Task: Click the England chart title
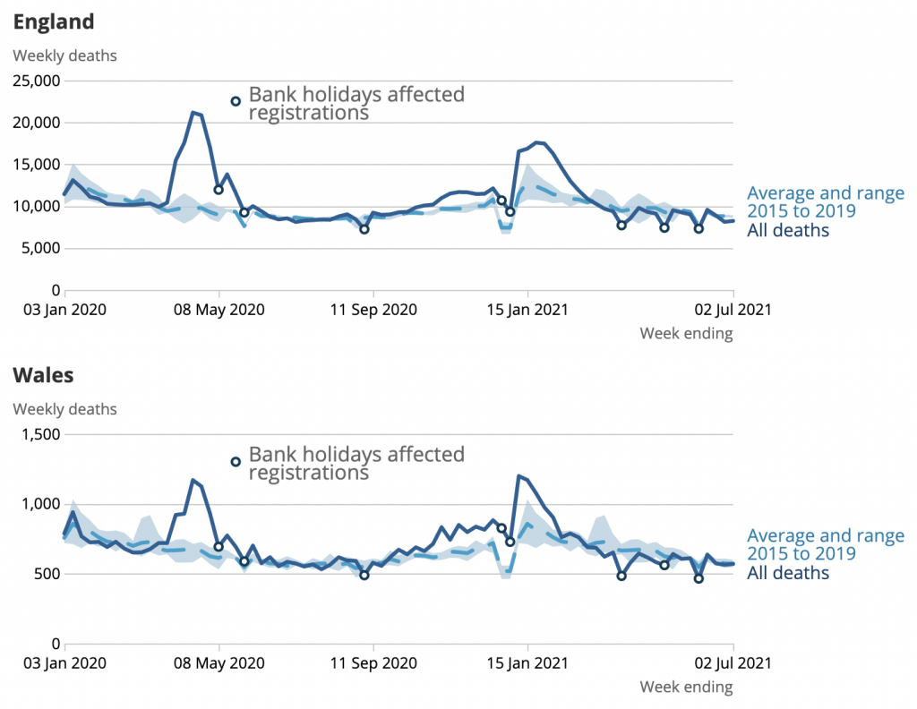click(x=54, y=21)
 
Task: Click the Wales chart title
click(x=43, y=374)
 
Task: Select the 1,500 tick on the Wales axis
click(x=40, y=435)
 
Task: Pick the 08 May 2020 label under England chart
click(x=219, y=311)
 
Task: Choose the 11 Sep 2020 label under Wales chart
click(x=373, y=664)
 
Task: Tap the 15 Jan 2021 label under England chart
click(x=527, y=311)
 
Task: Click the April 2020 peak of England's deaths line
click(x=193, y=113)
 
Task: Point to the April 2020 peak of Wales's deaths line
click(x=193, y=480)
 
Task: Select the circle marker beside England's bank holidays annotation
click(x=236, y=101)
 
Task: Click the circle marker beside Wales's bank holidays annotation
click(x=236, y=462)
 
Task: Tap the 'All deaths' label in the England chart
click(x=788, y=231)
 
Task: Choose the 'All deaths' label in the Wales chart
click(x=788, y=574)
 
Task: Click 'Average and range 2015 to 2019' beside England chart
click(x=825, y=202)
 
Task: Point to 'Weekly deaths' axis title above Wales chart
click(x=64, y=410)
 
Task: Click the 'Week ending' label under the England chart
click(x=686, y=334)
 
